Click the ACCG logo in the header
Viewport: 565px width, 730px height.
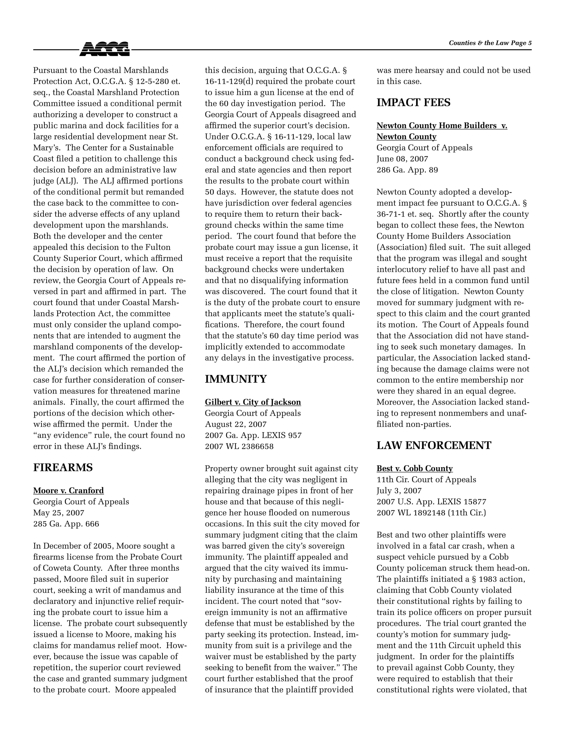coord(105,49)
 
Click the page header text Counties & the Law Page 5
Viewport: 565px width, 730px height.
coord(490,43)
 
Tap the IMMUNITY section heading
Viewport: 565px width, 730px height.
coord(236,379)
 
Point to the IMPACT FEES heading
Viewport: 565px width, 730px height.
coord(413,103)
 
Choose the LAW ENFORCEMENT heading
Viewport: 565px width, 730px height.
coord(434,445)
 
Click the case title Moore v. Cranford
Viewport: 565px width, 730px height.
coord(68,490)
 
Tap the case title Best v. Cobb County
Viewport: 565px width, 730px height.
coord(414,469)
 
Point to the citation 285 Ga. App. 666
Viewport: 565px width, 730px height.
coord(66,524)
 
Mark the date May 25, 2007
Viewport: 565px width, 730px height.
coord(58,513)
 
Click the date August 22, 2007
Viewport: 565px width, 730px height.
coord(236,425)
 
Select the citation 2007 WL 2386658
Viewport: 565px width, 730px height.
coord(239,447)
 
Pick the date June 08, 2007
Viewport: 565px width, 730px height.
coord(402,159)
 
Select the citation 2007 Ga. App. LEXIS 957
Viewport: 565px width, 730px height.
coord(253,436)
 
